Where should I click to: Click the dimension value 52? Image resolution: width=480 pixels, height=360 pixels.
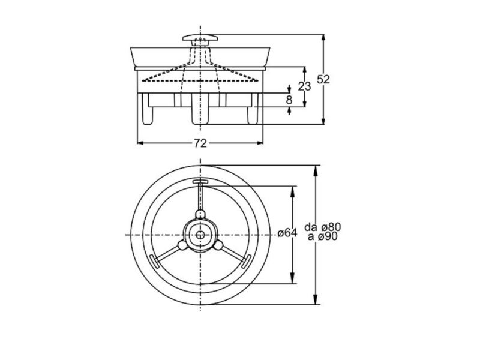[x=323, y=79]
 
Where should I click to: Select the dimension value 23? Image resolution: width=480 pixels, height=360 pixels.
[x=305, y=86]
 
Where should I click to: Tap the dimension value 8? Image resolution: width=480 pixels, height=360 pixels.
[x=289, y=100]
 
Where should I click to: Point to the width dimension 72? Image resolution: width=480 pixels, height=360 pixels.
[x=200, y=143]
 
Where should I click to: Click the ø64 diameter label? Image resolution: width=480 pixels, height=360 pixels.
[x=287, y=233]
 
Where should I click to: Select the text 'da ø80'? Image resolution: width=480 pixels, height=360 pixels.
[x=323, y=227]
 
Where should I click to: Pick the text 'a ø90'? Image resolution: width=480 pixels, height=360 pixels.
[x=323, y=236]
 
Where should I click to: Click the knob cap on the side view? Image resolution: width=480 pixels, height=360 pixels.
[x=200, y=38]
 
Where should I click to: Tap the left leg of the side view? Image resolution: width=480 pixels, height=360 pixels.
[x=147, y=109]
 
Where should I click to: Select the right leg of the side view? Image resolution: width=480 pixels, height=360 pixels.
[x=253, y=109]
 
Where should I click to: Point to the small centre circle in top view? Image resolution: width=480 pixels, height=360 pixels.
[x=200, y=235]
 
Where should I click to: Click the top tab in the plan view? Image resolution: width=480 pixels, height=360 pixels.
[x=200, y=182]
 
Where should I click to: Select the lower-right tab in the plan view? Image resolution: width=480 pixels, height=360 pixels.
[x=247, y=261]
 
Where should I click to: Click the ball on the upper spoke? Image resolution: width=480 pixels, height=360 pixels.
[x=200, y=214]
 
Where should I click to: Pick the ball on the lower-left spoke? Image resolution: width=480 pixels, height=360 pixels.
[x=182, y=245]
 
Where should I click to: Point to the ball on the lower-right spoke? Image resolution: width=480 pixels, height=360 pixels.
[x=219, y=245]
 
